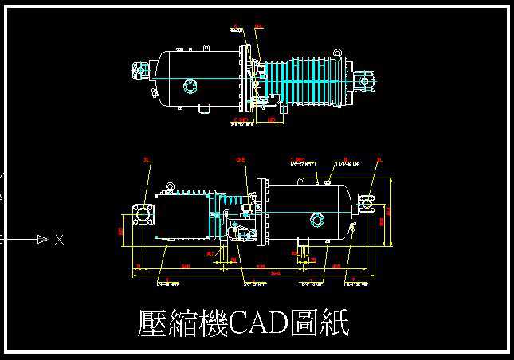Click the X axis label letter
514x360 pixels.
tap(59, 239)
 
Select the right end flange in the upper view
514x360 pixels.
tap(368, 78)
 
